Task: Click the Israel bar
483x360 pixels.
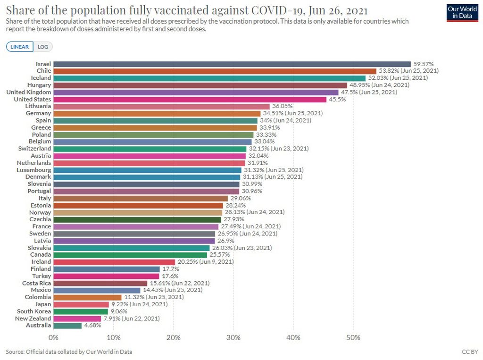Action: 232,64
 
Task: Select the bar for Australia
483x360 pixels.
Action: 67,326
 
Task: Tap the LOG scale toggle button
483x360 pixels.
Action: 43,47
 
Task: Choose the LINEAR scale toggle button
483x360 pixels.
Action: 19,47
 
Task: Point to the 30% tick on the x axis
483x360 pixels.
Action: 233,338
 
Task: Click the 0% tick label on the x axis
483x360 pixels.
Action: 53,338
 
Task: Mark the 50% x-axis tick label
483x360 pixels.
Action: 353,338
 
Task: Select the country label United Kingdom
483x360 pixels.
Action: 28,92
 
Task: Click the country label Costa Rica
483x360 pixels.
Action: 36,283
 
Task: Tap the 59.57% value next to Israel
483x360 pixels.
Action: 423,64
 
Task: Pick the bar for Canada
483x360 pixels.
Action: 130,255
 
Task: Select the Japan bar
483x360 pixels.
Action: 81,304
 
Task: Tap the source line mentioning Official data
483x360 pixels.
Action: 69,352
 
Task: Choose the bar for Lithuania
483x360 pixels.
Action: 161,107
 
